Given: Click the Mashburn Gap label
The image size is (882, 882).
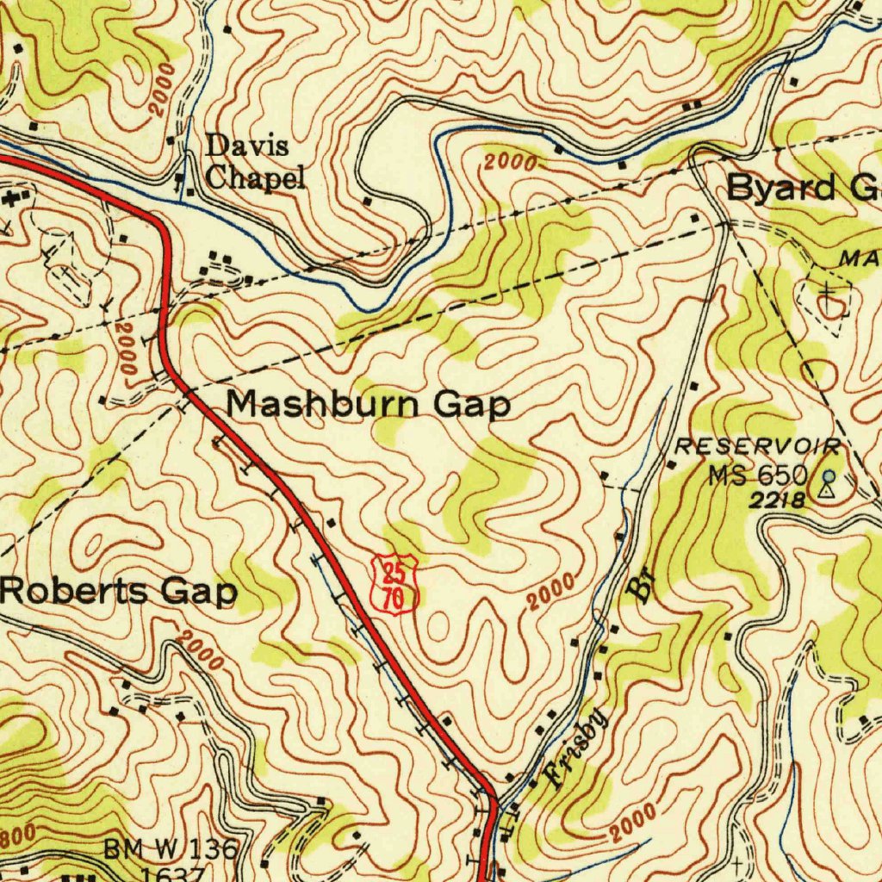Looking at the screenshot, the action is [369, 403].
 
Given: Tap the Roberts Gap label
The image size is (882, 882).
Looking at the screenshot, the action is [119, 593].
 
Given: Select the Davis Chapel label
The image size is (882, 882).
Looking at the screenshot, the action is [254, 162].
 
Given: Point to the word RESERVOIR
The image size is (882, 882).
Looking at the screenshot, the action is [758, 446].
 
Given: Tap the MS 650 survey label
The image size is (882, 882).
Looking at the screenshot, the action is [758, 475].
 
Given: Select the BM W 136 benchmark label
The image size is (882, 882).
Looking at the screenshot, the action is [171, 849].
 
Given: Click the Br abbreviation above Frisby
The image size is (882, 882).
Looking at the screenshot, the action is [642, 587].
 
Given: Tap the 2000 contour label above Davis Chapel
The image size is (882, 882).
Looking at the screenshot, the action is [162, 90].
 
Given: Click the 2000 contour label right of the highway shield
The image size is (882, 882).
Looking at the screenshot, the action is [550, 594].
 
